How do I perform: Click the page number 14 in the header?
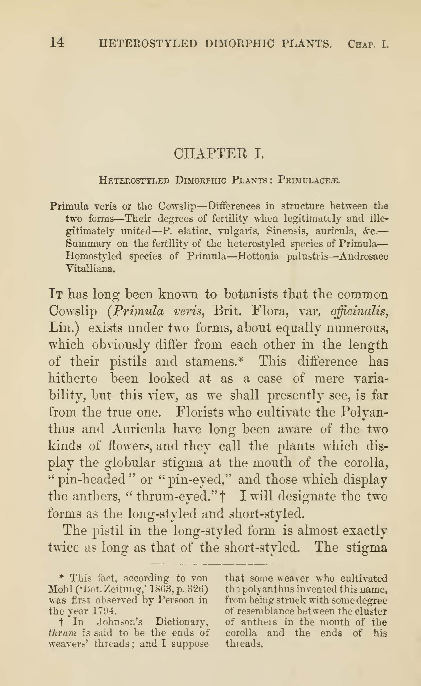tap(57, 43)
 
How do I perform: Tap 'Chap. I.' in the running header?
tap(368, 44)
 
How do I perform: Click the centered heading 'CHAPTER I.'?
tap(219, 153)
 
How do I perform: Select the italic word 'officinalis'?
tap(359, 311)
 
